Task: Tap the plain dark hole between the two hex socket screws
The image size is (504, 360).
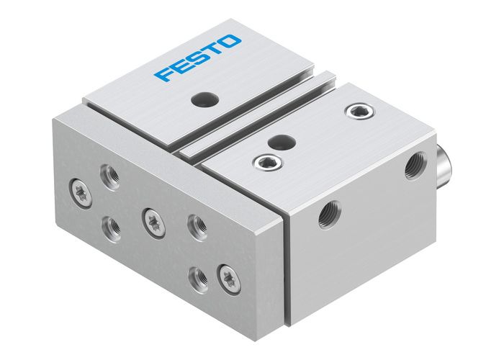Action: click(x=285, y=140)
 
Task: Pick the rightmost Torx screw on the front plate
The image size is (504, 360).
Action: click(x=230, y=275)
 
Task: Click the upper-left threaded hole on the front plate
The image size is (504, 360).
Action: click(x=110, y=175)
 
